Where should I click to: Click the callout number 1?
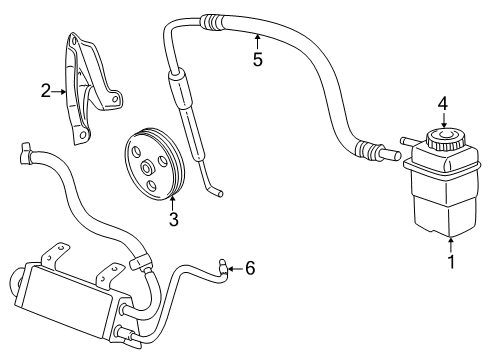point(451,263)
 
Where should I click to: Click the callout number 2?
point(46,92)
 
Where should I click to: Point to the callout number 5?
point(257,59)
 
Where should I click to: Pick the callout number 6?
point(250,267)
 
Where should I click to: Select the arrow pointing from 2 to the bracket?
point(60,92)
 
